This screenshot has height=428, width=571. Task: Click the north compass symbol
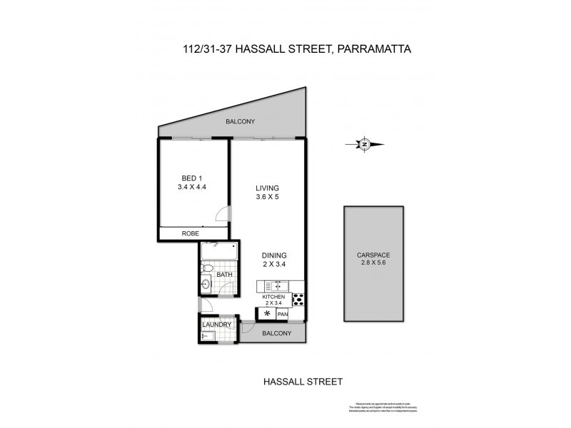click(364, 145)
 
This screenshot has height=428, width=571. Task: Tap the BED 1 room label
click(191, 178)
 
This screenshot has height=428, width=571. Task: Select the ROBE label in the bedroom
click(191, 233)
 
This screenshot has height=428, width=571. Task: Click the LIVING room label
click(268, 188)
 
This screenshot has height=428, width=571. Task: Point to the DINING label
click(274, 255)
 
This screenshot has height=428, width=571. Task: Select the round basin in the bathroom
click(205, 285)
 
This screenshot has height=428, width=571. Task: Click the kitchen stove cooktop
click(299, 300)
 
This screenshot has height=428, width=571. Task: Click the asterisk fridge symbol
click(267, 313)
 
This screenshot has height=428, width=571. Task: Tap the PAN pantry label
click(283, 314)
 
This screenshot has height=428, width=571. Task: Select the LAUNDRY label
click(216, 325)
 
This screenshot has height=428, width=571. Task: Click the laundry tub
click(208, 336)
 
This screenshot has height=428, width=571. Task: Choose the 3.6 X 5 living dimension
click(268, 198)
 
